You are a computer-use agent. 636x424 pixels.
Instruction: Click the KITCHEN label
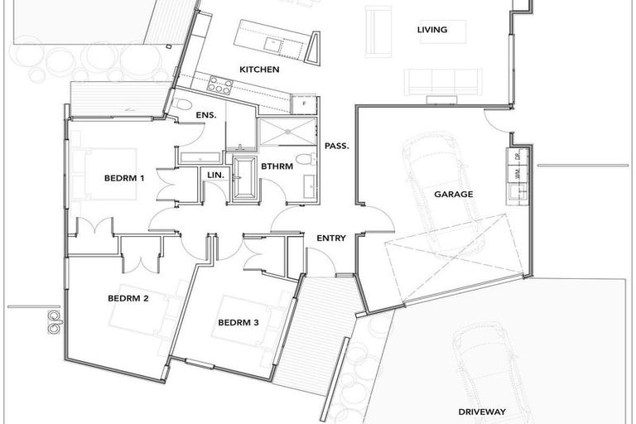[x=259, y=70]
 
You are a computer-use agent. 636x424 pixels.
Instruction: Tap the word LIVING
[x=431, y=31]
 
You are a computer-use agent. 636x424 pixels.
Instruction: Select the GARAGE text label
[x=453, y=195]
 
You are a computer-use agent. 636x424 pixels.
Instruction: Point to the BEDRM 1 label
[x=124, y=178]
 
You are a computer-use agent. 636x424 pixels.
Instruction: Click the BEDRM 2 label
[x=128, y=298]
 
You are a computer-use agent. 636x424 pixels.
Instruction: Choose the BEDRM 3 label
[x=238, y=322]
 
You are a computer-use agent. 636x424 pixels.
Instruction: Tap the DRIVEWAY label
[x=482, y=412]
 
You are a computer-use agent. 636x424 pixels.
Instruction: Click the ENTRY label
[x=331, y=238]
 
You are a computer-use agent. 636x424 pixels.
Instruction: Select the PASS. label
[x=336, y=146]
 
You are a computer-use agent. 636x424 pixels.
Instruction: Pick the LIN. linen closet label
[x=215, y=175]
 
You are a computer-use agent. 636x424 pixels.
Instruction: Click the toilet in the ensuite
[x=182, y=105]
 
